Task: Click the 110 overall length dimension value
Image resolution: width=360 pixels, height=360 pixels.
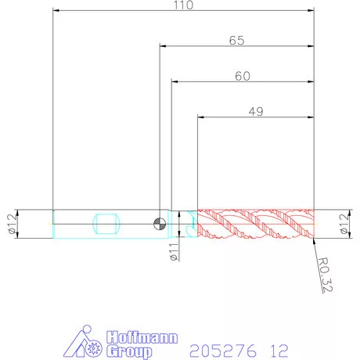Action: [184, 5]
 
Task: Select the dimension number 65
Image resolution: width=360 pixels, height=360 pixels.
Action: [237, 41]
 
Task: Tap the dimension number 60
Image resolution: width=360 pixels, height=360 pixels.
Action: [243, 76]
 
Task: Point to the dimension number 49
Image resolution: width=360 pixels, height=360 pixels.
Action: [256, 112]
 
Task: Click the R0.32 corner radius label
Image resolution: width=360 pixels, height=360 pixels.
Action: [326, 275]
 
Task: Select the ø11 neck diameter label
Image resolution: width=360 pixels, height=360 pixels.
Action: [174, 252]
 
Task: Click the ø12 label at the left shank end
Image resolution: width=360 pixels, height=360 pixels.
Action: [13, 224]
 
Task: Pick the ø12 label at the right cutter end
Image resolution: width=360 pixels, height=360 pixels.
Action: [344, 224]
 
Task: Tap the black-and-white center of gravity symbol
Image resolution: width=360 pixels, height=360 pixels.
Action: [160, 224]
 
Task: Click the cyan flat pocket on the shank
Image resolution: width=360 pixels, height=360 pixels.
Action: [106, 224]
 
